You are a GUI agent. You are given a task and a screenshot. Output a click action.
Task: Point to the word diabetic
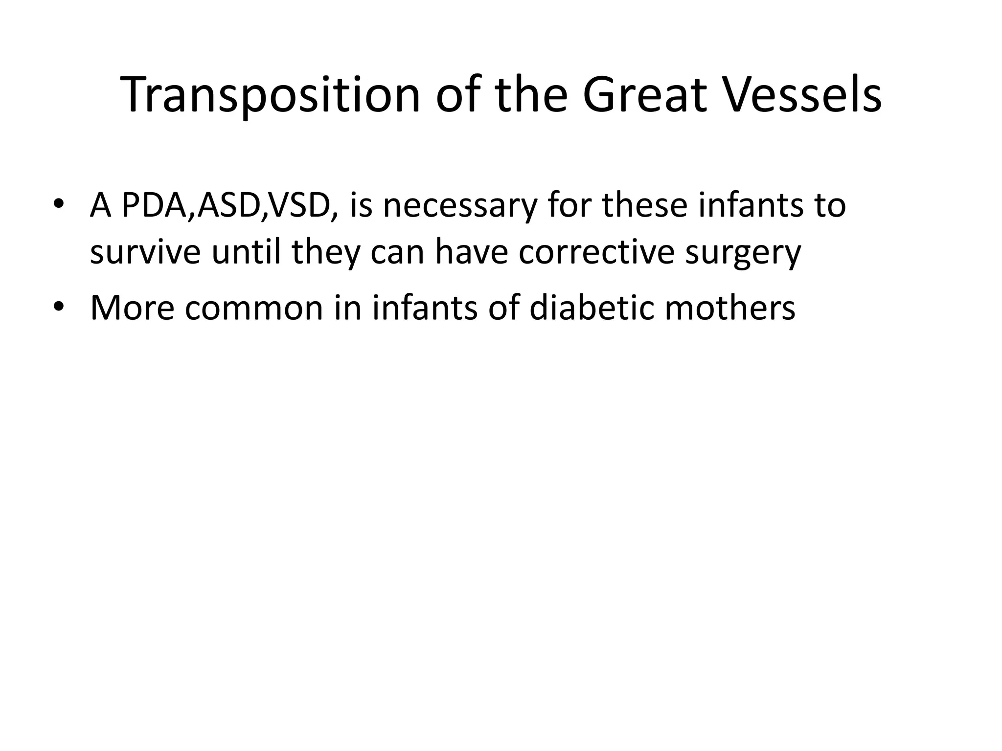[591, 308]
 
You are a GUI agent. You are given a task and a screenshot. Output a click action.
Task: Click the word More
[132, 308]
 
